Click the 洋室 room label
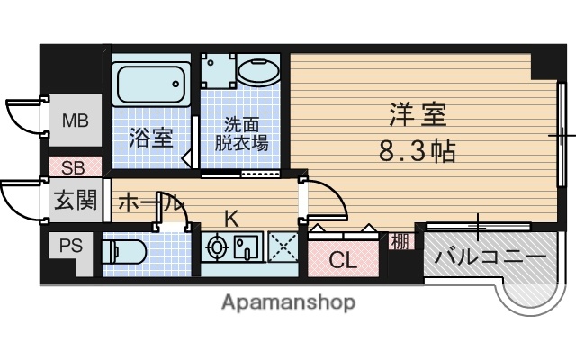418,116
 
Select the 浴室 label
150,138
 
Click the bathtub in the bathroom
150,85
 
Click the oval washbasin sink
258,73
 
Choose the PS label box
69,246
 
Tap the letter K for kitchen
231,217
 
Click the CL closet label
342,262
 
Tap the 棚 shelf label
399,240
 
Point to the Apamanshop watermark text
288,302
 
